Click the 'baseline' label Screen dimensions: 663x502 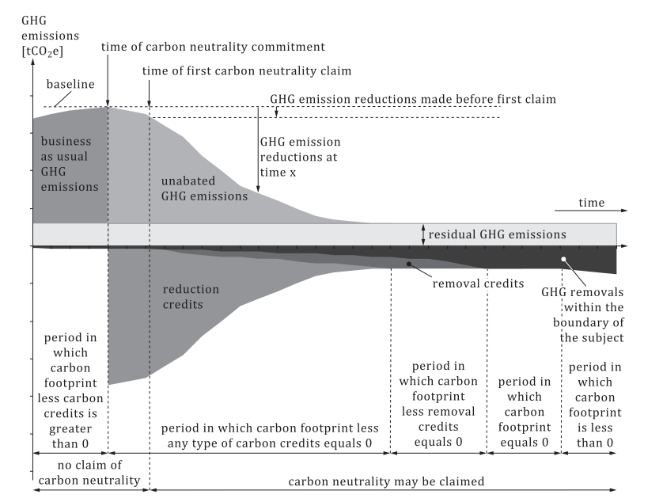click(x=70, y=84)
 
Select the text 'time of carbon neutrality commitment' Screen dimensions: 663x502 click(x=213, y=47)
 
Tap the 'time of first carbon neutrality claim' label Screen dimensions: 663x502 click(x=247, y=70)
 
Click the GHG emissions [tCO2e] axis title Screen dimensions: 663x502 click(x=50, y=36)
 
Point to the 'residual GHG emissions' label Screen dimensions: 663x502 click(x=497, y=234)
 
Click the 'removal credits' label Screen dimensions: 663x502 click(x=478, y=283)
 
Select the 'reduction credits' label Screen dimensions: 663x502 click(x=191, y=297)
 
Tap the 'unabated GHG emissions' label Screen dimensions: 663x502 click(x=204, y=188)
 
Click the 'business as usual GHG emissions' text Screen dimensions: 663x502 click(x=70, y=164)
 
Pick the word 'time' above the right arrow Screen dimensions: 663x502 click(x=592, y=203)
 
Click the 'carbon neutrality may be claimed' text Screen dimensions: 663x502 click(x=386, y=481)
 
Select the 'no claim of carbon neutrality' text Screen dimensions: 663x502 click(x=89, y=473)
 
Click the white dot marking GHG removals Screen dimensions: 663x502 click(x=563, y=259)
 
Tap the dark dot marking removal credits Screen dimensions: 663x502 click(x=409, y=264)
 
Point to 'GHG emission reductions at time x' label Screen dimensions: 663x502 click(x=300, y=157)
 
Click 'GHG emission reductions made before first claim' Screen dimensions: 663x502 click(x=413, y=99)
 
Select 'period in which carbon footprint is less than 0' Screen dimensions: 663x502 click(x=595, y=405)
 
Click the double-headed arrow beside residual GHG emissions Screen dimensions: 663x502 click(x=422, y=234)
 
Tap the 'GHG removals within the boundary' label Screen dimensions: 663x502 click(x=582, y=315)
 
